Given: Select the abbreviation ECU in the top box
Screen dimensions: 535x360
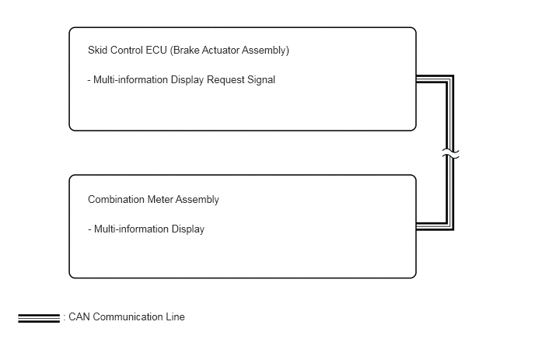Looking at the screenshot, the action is point(156,51).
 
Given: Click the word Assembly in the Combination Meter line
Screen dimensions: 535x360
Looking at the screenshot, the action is point(198,200).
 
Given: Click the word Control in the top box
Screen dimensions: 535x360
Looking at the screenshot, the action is point(127,51).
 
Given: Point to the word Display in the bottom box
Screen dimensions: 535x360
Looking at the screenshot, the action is point(188,229).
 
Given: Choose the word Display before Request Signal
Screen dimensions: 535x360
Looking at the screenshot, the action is point(187,80).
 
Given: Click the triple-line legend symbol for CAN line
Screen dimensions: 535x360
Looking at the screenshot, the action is point(39,318).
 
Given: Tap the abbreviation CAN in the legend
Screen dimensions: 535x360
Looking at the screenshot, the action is point(79,317).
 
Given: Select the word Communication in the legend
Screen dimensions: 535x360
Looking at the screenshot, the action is point(128,317).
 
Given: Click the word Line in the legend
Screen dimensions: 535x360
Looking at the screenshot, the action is point(176,317).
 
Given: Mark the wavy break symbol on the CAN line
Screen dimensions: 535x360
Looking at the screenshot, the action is point(450,153).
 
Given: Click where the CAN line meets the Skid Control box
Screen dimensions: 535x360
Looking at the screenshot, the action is point(417,79).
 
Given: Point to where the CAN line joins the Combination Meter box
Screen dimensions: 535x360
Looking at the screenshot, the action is point(417,226).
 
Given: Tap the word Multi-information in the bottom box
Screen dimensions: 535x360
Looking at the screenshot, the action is point(131,229).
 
